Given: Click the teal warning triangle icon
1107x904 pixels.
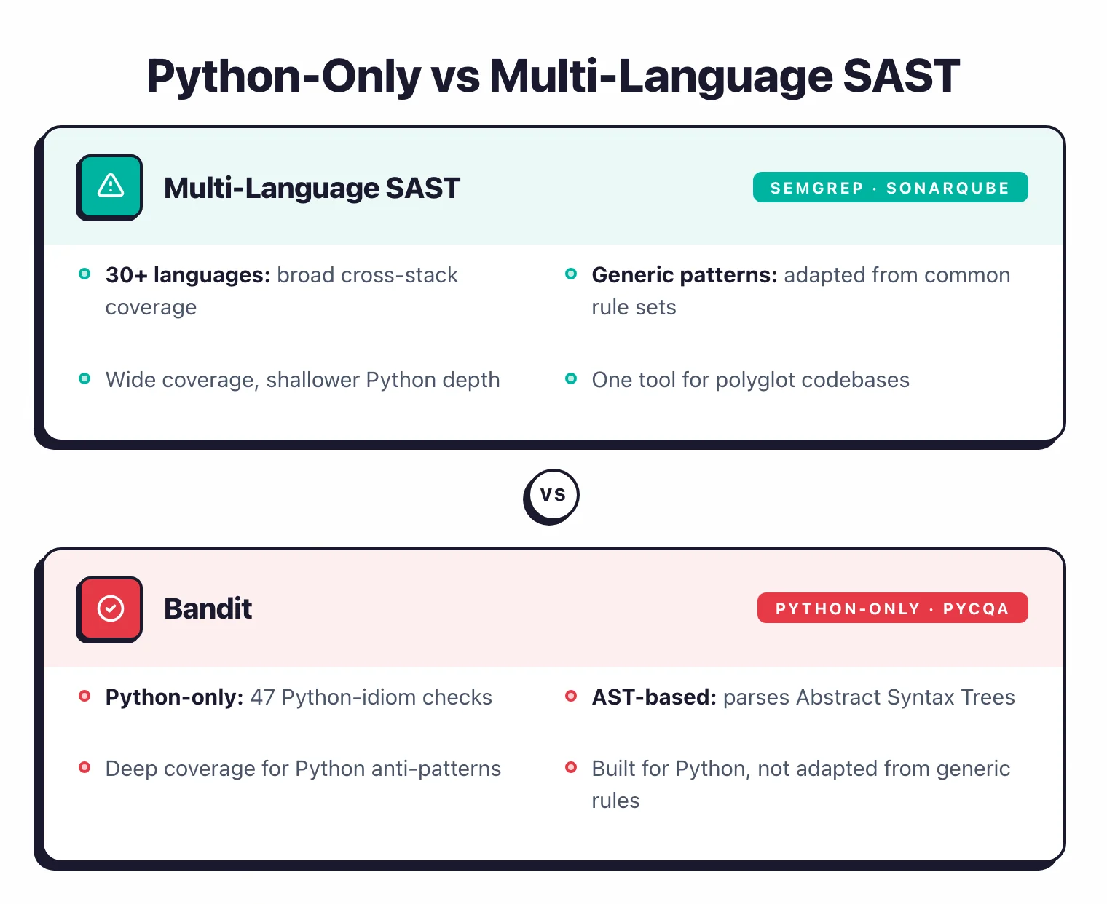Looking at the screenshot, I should (110, 186).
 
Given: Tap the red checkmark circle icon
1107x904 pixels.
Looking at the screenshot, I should (110, 608).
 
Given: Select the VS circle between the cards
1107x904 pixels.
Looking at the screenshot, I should (552, 495).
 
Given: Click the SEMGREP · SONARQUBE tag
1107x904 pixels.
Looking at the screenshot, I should (890, 188).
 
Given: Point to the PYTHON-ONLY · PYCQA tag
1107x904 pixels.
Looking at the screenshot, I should (892, 608).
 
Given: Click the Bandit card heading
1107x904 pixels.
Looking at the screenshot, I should (208, 608).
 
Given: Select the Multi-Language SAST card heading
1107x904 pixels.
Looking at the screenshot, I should (312, 188).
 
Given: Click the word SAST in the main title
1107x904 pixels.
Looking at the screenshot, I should (901, 76).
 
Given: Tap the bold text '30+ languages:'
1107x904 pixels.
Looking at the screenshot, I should (188, 275).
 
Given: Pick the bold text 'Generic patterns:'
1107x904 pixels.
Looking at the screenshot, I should (684, 275).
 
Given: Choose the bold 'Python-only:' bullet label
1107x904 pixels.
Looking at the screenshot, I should (174, 697).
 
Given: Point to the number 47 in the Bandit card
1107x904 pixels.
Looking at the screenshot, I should (262, 697).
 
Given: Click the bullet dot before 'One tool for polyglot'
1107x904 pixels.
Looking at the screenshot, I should (571, 378).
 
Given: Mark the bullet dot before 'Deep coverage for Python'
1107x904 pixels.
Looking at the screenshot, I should (84, 767).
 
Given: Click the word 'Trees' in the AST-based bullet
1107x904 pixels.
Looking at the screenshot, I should (988, 697).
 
